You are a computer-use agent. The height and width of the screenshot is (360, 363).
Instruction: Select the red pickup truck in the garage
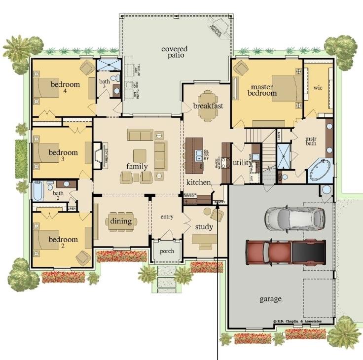pyautogui.click(x=286, y=251)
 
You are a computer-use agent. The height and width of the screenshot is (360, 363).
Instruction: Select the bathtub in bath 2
pyautogui.click(x=38, y=190)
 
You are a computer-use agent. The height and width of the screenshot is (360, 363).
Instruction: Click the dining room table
pyautogui.click(x=121, y=221)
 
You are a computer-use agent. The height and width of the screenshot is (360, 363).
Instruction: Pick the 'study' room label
pyautogui.click(x=204, y=227)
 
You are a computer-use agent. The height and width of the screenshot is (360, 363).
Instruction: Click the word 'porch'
pyautogui.click(x=167, y=251)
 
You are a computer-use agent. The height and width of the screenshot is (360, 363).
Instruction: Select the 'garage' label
pyautogui.click(x=270, y=299)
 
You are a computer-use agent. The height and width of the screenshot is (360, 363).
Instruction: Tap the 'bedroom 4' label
pyautogui.click(x=65, y=87)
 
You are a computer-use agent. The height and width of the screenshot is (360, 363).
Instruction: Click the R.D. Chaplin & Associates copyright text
pyautogui.click(x=297, y=321)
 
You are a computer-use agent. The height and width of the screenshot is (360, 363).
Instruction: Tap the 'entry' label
pyautogui.click(x=167, y=216)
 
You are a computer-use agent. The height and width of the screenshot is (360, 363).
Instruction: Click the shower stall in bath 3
pyautogui.click(x=106, y=65)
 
